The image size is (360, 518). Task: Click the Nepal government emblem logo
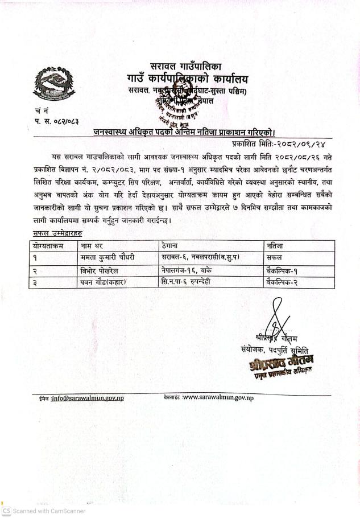49,83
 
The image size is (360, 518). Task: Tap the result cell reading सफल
276,257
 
